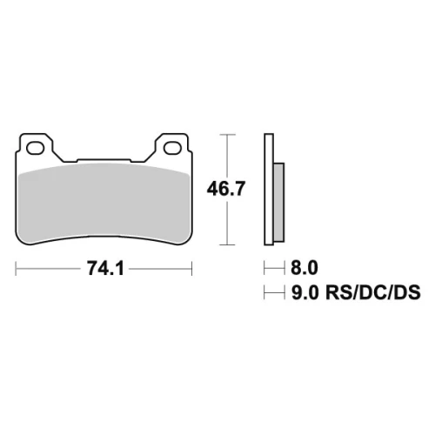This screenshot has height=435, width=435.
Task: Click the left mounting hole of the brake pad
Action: pos(35,148)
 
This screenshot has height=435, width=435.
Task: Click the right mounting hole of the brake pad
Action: pos(172,148)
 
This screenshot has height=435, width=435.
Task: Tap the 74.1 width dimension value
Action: pos(105,268)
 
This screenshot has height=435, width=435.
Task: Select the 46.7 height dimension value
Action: pos(226,188)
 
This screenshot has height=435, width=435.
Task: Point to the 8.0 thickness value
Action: pos(304,268)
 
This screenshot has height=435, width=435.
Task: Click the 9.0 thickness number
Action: pos(304,292)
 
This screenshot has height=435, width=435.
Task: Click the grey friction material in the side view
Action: pos(279,202)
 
